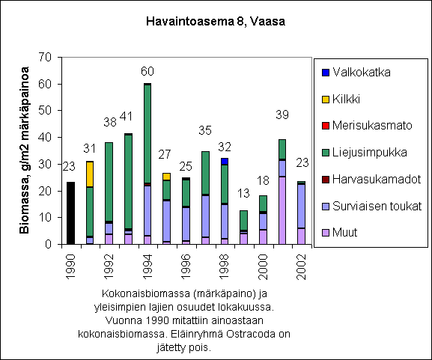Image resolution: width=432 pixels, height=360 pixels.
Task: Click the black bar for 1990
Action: (71, 213)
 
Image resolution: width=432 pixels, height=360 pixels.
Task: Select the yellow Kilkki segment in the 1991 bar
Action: (90, 174)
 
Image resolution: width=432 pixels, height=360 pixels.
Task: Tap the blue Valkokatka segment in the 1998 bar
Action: (225, 162)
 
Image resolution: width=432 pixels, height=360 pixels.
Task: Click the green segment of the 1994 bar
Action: (147, 134)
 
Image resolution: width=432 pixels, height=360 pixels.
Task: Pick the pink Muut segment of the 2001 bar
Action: (282, 210)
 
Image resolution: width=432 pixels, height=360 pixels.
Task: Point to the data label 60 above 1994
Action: (147, 72)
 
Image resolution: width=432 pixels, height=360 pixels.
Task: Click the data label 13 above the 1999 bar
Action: (243, 194)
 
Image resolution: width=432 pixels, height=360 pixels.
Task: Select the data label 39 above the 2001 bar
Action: (282, 115)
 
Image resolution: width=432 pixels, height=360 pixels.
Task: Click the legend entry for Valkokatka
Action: (356, 72)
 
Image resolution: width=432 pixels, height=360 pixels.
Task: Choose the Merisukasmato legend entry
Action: (367, 126)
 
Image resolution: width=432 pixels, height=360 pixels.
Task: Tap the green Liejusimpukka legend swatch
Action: (326, 153)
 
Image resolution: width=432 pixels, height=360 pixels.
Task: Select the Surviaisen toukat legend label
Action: (377, 206)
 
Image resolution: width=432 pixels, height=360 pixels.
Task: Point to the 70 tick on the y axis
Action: (45, 58)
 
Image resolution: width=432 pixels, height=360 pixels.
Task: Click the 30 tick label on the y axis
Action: (45, 164)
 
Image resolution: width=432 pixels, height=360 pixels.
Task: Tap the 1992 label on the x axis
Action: (109, 267)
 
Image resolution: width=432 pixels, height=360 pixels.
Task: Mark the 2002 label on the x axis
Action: (302, 267)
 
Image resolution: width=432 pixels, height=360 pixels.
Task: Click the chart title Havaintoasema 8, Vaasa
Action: (216, 22)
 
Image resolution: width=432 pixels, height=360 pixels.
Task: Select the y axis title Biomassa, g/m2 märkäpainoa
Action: (24, 150)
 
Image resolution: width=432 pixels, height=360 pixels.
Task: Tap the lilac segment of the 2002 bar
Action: (302, 237)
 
